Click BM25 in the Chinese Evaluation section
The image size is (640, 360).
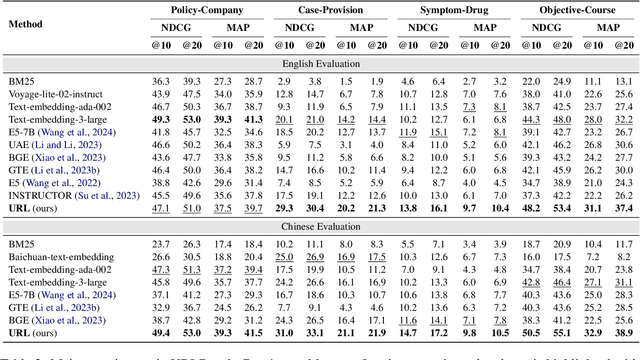(21, 244)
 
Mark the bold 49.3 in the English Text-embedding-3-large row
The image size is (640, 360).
(160, 119)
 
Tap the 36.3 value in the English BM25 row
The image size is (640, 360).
(160, 80)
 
